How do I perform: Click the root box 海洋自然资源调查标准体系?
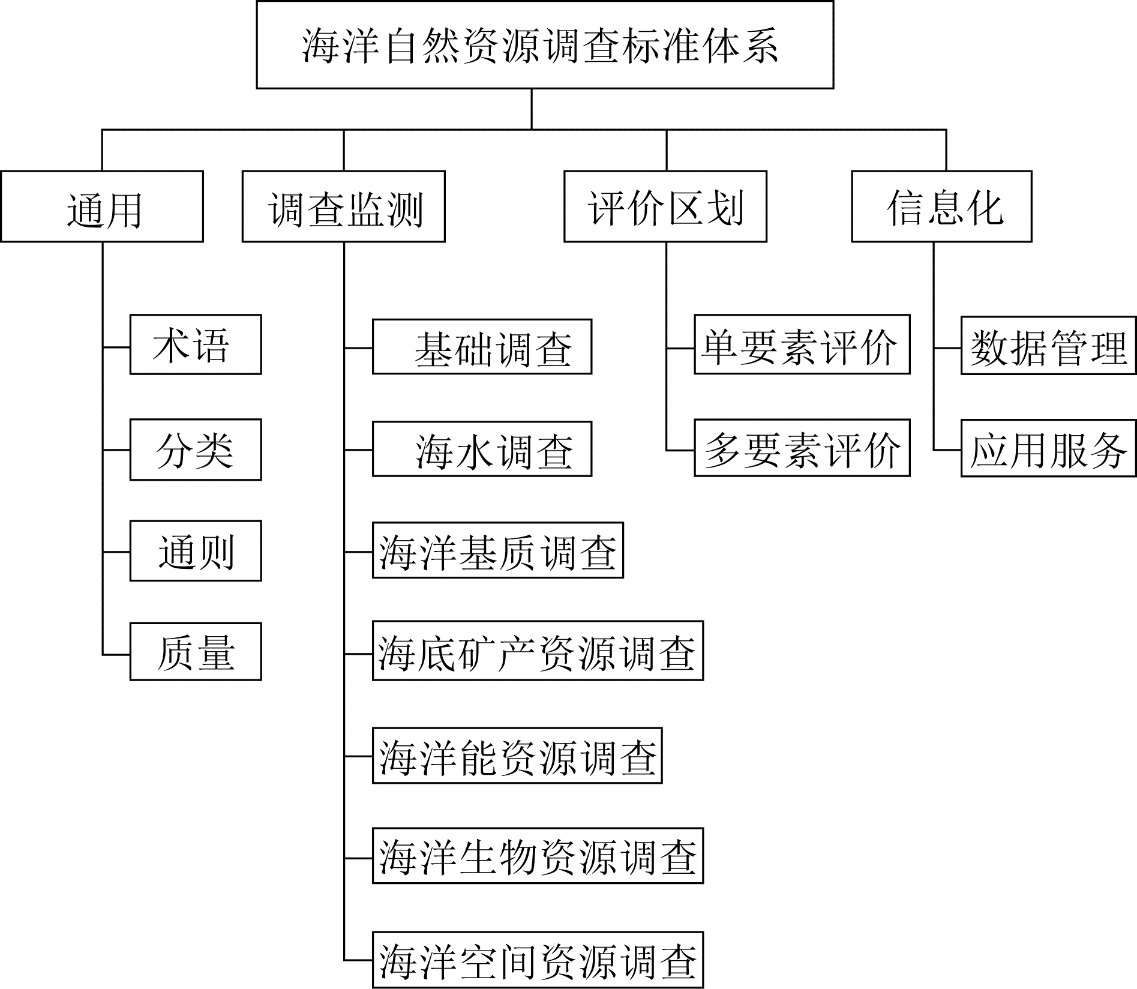coord(545,45)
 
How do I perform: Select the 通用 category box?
coord(102,206)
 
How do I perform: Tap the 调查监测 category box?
coord(343,206)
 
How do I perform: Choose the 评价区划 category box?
coord(665,206)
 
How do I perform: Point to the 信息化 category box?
coord(941,206)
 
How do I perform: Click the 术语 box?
coord(196,344)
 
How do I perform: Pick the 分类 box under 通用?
coord(196,449)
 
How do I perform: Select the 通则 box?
coord(196,551)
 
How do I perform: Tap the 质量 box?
coord(196,652)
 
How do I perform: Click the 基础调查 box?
coord(482,347)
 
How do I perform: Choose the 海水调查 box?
coord(482,449)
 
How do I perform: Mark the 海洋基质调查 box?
coord(497,550)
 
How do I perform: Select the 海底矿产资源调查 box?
coord(538,651)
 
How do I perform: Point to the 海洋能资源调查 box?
coord(517,756)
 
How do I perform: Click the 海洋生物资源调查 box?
coord(538,856)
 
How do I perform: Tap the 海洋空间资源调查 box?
coord(538,960)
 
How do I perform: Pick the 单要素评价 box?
coord(802,344)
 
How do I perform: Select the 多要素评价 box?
coord(802,448)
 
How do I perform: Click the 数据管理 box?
coord(1048,345)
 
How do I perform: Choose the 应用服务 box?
coord(1048,448)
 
